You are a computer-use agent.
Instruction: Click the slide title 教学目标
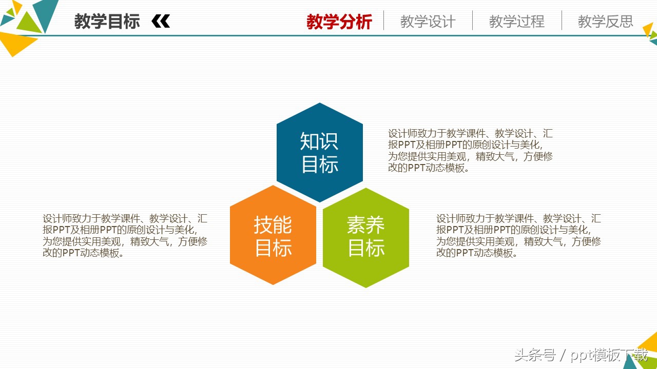click(x=107, y=22)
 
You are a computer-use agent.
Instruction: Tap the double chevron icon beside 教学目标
click(x=161, y=22)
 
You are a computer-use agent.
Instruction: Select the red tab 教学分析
click(x=339, y=22)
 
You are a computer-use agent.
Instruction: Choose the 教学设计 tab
click(x=428, y=22)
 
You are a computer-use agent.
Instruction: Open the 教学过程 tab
click(x=516, y=22)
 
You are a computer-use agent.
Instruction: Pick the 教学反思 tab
click(x=605, y=22)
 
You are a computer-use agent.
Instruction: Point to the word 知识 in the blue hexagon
click(x=319, y=141)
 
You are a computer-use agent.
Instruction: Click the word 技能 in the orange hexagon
click(x=273, y=224)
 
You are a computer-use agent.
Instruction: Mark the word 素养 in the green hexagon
click(x=366, y=224)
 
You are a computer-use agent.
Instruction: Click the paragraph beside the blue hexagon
click(x=470, y=151)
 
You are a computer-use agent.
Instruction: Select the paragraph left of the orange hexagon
click(x=125, y=236)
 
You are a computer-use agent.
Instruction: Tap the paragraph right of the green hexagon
click(x=518, y=236)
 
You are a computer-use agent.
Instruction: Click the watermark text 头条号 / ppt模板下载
click(x=581, y=355)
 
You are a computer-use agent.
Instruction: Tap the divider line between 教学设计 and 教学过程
click(x=472, y=20)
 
